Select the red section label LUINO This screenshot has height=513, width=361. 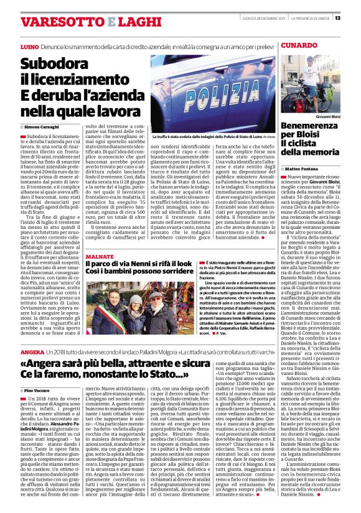coord(29,47)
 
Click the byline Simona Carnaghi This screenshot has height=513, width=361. coord(42,126)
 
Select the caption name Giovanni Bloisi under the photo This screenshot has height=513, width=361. coord(330,116)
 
